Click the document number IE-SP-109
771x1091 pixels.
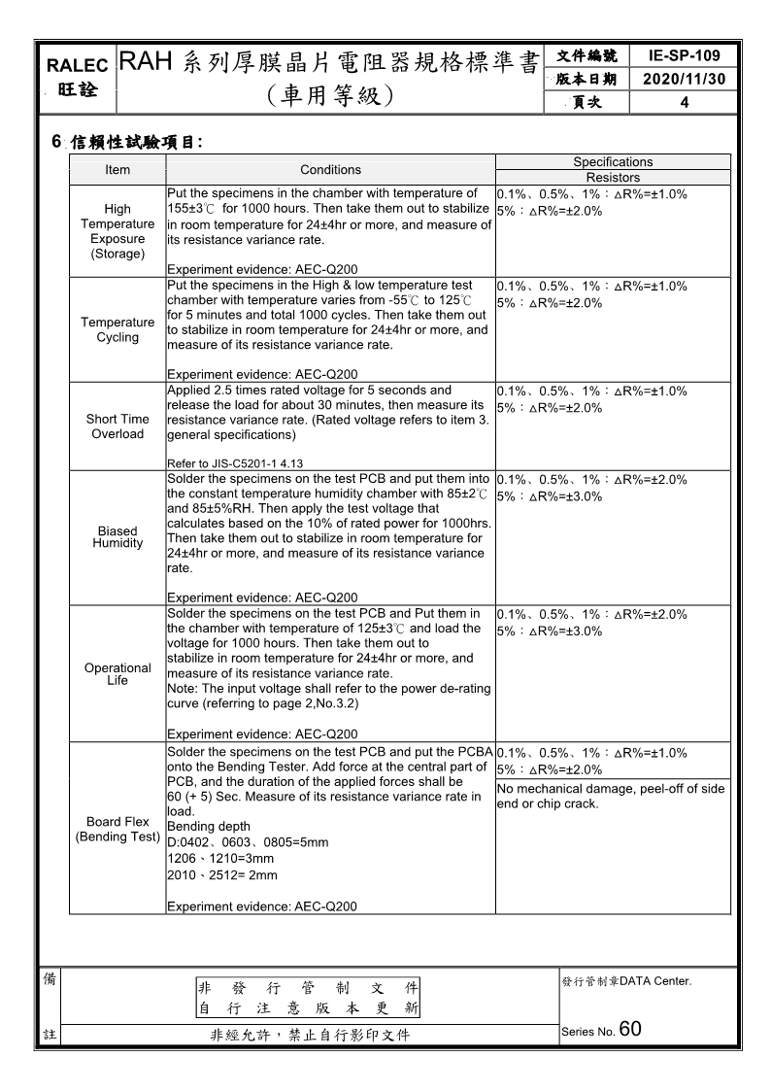pos(685,56)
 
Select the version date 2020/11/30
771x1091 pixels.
pos(685,79)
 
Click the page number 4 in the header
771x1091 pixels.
pos(685,102)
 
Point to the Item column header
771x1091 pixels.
pos(117,170)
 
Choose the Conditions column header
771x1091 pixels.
pos(330,170)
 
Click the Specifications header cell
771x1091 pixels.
pos(613,162)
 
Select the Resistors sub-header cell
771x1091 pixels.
pos(613,178)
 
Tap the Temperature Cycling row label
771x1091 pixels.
pos(117,330)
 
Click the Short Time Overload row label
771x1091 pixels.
pos(117,426)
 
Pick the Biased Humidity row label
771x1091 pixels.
pos(117,537)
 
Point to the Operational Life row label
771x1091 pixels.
pos(117,674)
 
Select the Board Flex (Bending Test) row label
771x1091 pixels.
pos(117,830)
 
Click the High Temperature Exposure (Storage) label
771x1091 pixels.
pos(117,231)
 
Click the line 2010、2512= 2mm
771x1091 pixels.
pos(222,875)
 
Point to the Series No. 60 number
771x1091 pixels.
pos(629,1030)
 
